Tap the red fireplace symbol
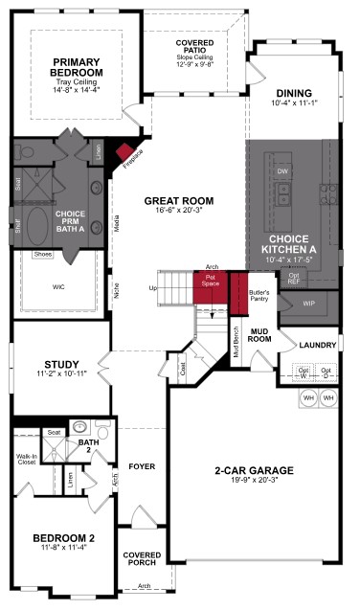[x=124, y=151]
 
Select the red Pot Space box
[x=210, y=284]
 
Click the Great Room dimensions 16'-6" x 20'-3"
[x=178, y=214]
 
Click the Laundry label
[x=315, y=345]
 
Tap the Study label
[x=60, y=364]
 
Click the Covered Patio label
[x=194, y=48]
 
